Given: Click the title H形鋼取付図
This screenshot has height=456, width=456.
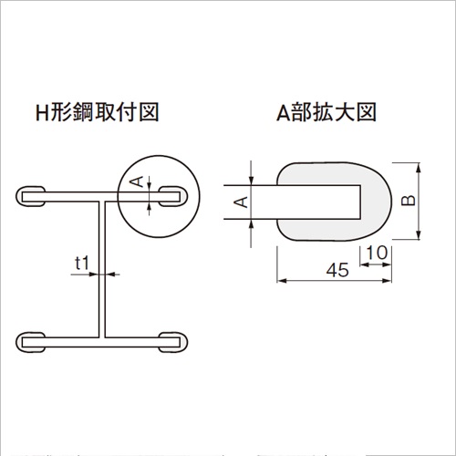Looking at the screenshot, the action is pos(98,112).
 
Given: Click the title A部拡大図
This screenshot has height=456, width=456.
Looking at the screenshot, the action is pos(326,112).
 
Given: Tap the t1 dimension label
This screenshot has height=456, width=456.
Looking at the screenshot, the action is pos(82,263).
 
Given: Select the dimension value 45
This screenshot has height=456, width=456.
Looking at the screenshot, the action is pos(337,270).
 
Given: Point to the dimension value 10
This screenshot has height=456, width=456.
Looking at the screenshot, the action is pos(377,253).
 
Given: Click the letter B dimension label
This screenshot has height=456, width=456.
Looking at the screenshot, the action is pos(408,201).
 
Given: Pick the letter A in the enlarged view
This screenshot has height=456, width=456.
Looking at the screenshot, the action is pos(242,202).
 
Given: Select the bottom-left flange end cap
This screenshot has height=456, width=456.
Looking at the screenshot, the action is pos(30,342).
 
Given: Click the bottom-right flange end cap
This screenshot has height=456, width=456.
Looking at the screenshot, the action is pos(173,342).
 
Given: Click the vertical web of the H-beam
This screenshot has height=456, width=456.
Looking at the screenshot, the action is pos(102,270).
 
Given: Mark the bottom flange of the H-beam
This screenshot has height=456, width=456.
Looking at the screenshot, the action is pos(102,342).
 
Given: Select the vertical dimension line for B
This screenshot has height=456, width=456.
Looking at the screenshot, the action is pos(419,202).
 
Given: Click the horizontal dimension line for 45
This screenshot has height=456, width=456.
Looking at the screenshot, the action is pos(334,281).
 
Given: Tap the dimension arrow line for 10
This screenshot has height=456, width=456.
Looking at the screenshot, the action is pos(376,264).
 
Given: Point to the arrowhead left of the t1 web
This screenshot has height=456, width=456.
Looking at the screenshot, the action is pos(94,275).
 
